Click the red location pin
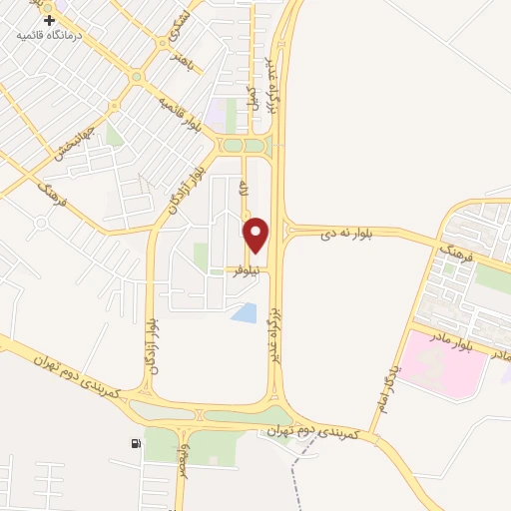pos(256,235)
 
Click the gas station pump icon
pos(135,443)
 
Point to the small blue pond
pos(244,313)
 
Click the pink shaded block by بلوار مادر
pos(443,364)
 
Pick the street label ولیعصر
pos(182,468)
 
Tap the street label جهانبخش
pos(76,144)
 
